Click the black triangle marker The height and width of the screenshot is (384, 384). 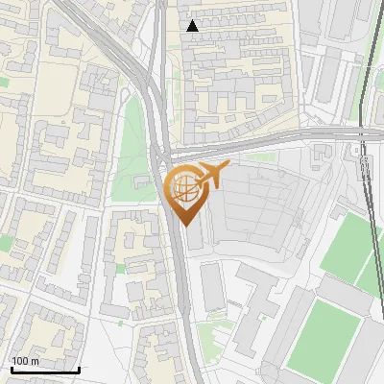[x=193, y=26]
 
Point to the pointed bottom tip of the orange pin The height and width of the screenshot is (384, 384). [x=183, y=226]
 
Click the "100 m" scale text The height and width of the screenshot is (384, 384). [x=25, y=361]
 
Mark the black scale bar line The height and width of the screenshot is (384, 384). [x=44, y=370]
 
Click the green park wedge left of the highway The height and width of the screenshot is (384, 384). [x=133, y=154]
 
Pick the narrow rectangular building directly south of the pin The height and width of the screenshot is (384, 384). [x=212, y=286]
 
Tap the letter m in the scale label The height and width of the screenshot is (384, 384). [x=36, y=361]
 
